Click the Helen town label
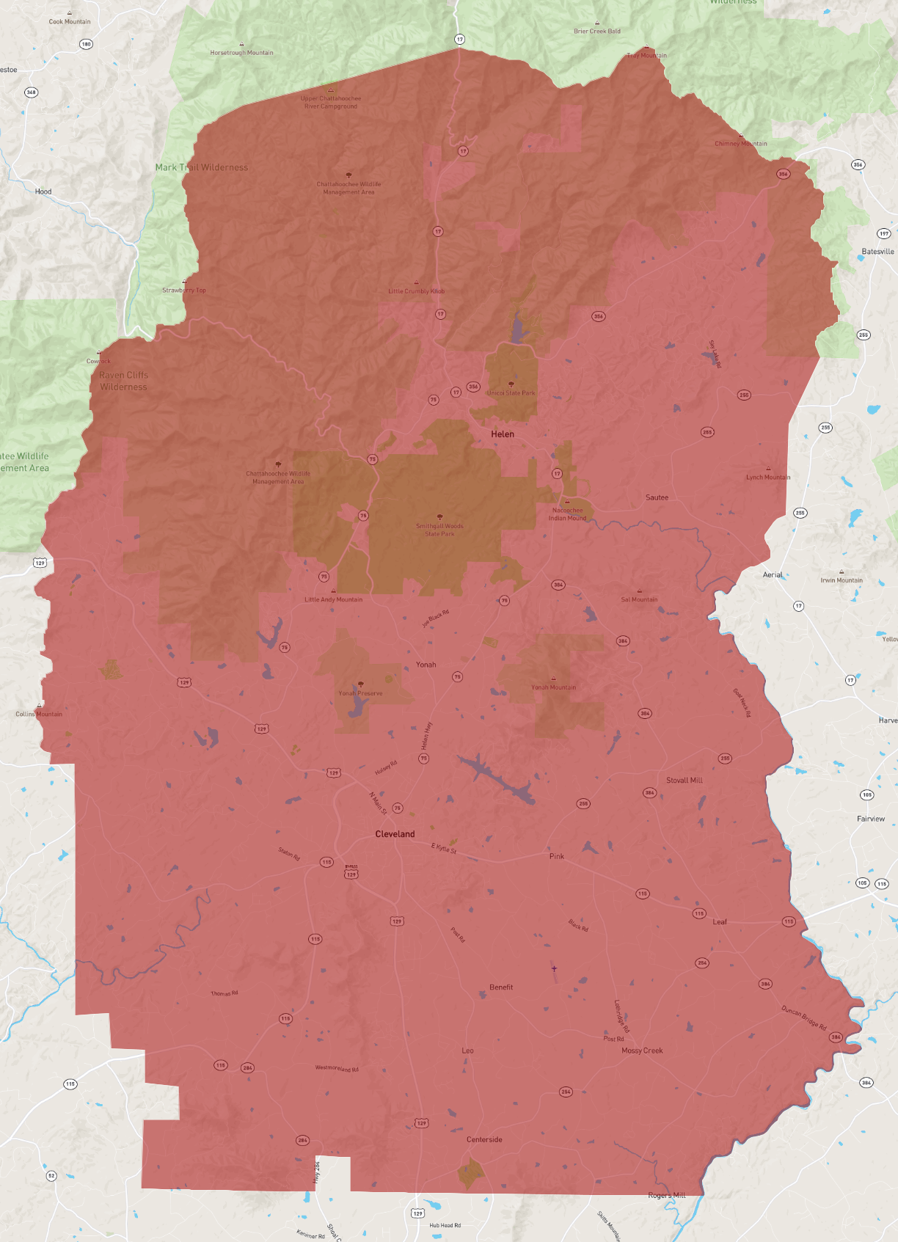503,434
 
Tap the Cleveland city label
395,834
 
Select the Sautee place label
657,497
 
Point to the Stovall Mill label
684,781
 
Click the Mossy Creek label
642,1051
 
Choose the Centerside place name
484,1139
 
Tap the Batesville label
877,252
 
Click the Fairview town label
871,819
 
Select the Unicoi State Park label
511,393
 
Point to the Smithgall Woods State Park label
439,530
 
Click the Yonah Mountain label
553,687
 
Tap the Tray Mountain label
647,55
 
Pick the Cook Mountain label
70,21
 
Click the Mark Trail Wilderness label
201,167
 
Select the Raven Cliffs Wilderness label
123,381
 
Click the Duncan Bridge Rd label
803,1018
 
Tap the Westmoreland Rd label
337,1068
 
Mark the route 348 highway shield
31,92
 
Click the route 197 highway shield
884,234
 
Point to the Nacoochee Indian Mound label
567,514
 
